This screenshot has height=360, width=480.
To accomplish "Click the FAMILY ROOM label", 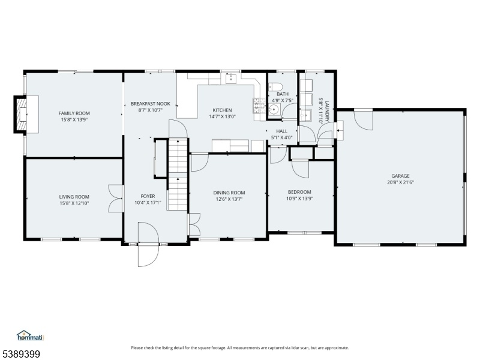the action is pos(74,113).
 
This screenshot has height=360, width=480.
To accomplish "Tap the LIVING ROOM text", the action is pos(74,197).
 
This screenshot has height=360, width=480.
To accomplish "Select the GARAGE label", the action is pos(400,176).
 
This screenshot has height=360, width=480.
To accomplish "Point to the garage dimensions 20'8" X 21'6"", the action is pos(400,182).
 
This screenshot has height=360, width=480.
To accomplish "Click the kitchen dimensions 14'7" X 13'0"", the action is pos(222,116).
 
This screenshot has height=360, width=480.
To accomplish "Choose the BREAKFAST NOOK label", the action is pos(151,104).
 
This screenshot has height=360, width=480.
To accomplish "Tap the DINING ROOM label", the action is pos(229,193).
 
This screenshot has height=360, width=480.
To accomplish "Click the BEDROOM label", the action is pos(299,192).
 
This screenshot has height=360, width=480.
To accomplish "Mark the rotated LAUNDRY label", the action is pos(327,112).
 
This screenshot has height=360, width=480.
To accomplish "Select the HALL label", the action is pos(281,131).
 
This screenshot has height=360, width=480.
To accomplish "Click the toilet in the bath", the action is pos(274,87).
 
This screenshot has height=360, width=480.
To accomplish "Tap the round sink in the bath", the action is pos(275,109).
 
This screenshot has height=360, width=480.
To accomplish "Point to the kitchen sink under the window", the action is pos(231,79).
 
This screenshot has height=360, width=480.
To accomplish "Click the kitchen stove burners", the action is pos(259,106).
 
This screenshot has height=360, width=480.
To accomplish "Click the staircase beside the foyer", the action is pos(177,174).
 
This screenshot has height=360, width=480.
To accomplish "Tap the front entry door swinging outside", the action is pos(148,256).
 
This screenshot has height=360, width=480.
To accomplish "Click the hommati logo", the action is pos(31,335).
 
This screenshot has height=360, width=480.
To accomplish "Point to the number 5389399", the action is pos(20,354).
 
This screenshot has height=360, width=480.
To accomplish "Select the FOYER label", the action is pos(148,196).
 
